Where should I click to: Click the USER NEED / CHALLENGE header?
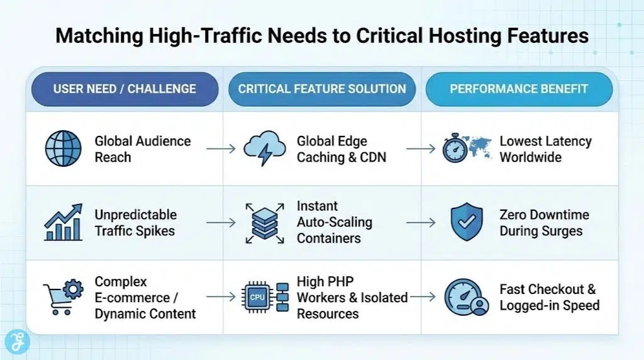pos(125,89)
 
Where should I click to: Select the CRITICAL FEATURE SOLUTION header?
pos(322,89)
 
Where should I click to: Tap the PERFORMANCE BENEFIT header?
pos(519,89)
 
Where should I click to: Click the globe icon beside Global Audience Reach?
pos(64,149)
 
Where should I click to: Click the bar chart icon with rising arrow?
pos(64,222)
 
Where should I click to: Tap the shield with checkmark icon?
pos(467,223)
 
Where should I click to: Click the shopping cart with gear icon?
pos(64,296)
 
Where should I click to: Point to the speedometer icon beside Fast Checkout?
pos(465,297)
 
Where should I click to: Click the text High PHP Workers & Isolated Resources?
pos(352,296)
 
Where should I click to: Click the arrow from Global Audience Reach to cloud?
pos(221,149)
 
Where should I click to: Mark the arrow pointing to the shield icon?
pos(421,223)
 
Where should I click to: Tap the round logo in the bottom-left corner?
pos(17,342)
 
